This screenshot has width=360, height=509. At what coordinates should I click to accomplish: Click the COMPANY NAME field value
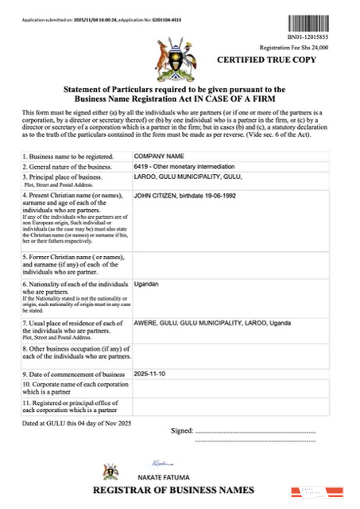click(x=159, y=156)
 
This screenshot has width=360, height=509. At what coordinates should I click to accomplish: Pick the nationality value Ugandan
click(x=147, y=284)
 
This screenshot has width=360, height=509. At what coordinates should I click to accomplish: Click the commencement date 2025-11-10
click(x=154, y=373)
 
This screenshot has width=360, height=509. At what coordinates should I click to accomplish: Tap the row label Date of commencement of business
click(x=74, y=374)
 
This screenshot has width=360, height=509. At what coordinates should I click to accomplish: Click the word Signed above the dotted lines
click(x=181, y=430)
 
